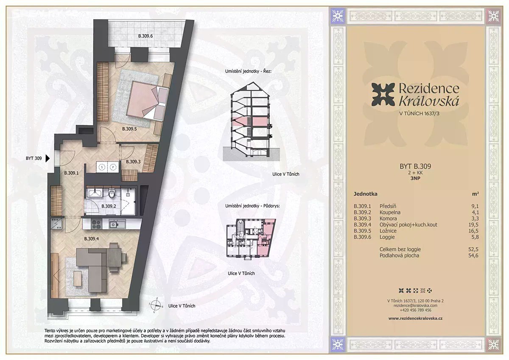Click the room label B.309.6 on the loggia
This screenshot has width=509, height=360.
coord(145,36)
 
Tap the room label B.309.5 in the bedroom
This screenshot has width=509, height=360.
coord(129,129)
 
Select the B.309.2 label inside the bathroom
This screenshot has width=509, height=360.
coord(109,206)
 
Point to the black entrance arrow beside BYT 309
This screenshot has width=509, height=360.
coord(48,158)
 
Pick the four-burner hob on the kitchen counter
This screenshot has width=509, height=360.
coord(97,224)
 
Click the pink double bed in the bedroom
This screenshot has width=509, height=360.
coord(148,100)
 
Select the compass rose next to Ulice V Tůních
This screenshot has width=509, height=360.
coord(156,305)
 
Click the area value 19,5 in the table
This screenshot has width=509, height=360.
coord(473,225)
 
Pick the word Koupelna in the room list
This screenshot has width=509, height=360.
coord(390,212)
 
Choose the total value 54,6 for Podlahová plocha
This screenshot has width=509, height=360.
coord(473,255)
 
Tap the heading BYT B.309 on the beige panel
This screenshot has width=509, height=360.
coord(415,166)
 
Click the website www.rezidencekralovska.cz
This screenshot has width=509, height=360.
coord(415,318)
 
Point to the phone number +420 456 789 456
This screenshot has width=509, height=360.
coord(415,310)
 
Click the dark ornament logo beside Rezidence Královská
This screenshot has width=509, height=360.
coord(383,95)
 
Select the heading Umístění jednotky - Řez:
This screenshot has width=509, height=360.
coord(249,71)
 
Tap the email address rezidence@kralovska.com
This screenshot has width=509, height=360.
coord(415,305)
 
